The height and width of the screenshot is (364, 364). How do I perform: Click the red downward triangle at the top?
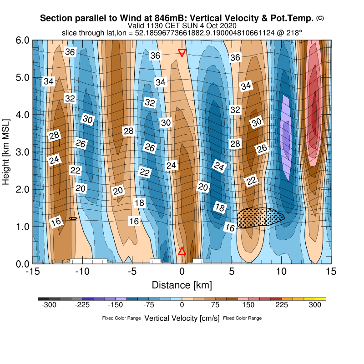[x=182, y=53]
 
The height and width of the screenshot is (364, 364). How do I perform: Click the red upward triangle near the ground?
[x=182, y=251]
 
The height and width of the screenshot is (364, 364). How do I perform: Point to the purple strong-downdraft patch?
[x=286, y=136]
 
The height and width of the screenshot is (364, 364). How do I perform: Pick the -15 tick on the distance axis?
[x=32, y=272]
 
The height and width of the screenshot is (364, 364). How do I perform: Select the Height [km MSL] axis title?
[x=6, y=152]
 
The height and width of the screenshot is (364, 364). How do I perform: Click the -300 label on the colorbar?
[x=49, y=305]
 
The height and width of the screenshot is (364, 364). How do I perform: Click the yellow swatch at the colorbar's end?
[x=321, y=299]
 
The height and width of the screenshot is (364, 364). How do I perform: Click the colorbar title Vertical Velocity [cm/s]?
[x=182, y=318]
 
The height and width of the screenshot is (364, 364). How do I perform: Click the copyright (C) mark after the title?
[x=320, y=18]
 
